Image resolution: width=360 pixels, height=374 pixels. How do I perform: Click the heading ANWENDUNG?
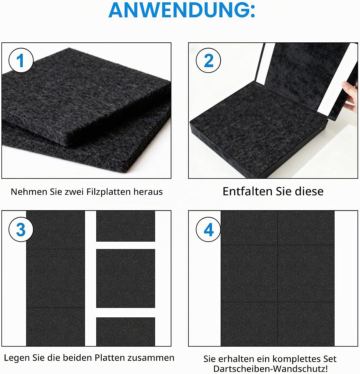point(182,10)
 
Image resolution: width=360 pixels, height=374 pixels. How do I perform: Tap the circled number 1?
point(21,60)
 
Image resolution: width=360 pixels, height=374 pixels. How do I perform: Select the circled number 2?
point(208,60)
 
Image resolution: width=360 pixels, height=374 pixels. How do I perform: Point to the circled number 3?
point(21,229)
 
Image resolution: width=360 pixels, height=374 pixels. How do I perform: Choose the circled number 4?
point(208,229)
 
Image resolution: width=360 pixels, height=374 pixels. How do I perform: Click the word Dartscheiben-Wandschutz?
point(270,368)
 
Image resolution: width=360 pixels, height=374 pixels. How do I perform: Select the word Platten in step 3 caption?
point(110,358)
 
